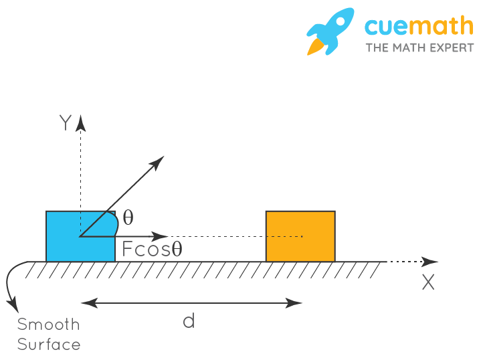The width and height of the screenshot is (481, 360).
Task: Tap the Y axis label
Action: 65,123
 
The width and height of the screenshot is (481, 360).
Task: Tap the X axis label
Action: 428,282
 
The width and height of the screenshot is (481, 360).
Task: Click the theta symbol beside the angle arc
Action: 128,217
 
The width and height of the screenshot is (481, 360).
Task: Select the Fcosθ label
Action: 152,250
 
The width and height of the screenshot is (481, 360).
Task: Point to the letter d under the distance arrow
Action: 189,321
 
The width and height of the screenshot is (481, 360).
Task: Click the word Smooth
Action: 48,325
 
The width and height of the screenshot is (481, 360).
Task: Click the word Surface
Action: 48,345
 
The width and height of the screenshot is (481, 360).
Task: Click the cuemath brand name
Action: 419,26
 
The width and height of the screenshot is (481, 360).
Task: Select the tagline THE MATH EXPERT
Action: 419,48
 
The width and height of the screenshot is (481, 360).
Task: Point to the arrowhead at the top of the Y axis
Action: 81,122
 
